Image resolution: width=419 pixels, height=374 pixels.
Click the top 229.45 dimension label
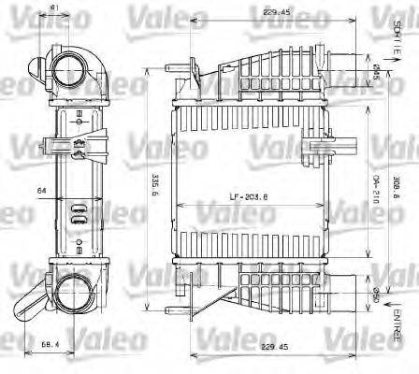[249, 13]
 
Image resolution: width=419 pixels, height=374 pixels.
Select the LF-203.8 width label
[247, 198]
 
